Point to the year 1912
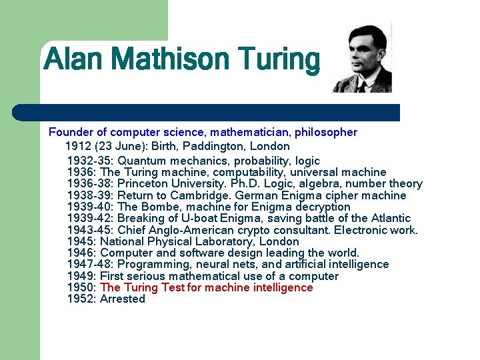pyautogui.click(x=79, y=146)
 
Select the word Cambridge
pyautogui.click(x=197, y=195)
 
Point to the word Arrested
pyautogui.click(x=123, y=299)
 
